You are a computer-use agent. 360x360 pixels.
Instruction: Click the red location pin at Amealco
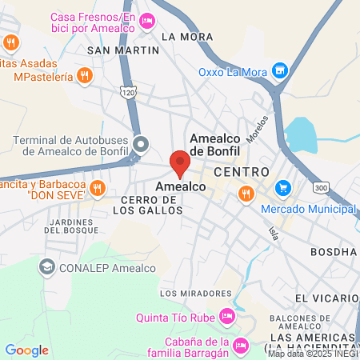[x=180, y=164]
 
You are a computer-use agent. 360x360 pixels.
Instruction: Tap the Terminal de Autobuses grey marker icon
[x=141, y=145]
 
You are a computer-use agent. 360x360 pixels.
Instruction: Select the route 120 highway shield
[x=129, y=92]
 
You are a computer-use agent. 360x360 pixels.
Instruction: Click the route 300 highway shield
[x=321, y=187]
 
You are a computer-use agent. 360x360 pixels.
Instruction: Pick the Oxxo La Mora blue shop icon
[x=279, y=70]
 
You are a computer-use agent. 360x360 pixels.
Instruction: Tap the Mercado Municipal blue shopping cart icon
[x=282, y=189]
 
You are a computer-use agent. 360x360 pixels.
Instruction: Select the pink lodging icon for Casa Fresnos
[x=146, y=22]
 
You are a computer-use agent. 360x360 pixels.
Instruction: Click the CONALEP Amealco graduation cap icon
[x=46, y=267]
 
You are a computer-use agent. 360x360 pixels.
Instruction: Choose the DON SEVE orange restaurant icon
[x=97, y=188]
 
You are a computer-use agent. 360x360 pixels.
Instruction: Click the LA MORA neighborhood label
[x=186, y=36]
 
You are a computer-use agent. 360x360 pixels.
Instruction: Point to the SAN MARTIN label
[x=123, y=50]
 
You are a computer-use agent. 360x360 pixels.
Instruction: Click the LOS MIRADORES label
[x=190, y=293]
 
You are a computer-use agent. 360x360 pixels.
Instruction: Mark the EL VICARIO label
[x=324, y=298]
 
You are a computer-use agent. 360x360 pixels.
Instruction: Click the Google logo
[x=26, y=350]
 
